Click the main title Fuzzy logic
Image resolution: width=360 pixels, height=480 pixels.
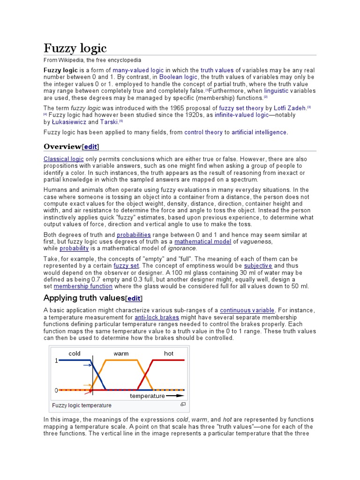point(75,48)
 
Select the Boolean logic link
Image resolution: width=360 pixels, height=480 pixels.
point(179,77)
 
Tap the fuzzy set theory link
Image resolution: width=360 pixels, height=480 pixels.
point(241,108)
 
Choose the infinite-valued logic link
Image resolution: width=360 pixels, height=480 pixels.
point(242,115)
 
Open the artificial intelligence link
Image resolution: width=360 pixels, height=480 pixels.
point(259,133)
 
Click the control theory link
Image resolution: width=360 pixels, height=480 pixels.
point(203,133)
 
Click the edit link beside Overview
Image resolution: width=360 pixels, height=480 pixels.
point(90,147)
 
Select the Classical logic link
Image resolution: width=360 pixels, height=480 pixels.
point(64,159)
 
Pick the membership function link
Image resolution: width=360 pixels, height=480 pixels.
point(83,286)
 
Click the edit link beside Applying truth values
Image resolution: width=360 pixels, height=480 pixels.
point(134,298)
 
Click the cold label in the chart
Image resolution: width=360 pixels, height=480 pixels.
point(75,353)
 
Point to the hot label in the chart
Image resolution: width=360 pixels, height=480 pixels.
point(169,353)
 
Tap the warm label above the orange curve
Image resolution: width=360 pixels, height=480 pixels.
point(121,353)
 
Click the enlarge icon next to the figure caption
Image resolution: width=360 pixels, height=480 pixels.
point(183,404)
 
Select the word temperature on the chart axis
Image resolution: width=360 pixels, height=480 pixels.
point(147,396)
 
